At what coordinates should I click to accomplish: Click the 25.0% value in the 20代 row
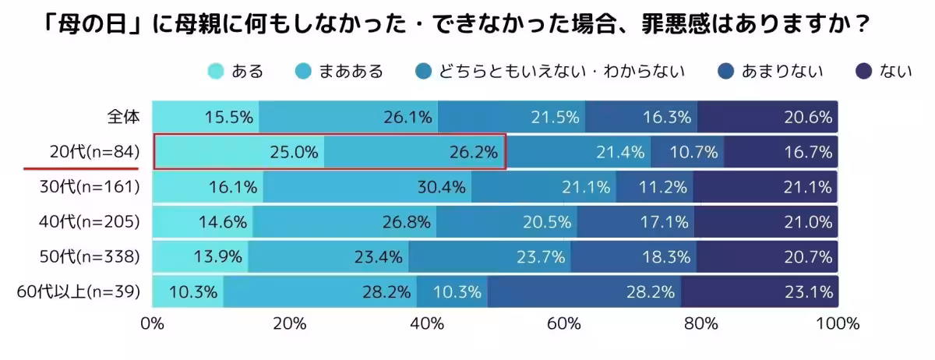[294, 153]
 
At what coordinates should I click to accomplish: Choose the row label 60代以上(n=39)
[78, 292]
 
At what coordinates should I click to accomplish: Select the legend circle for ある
[216, 72]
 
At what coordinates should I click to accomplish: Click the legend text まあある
[351, 72]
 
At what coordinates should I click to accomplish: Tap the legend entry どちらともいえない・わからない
[561, 72]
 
